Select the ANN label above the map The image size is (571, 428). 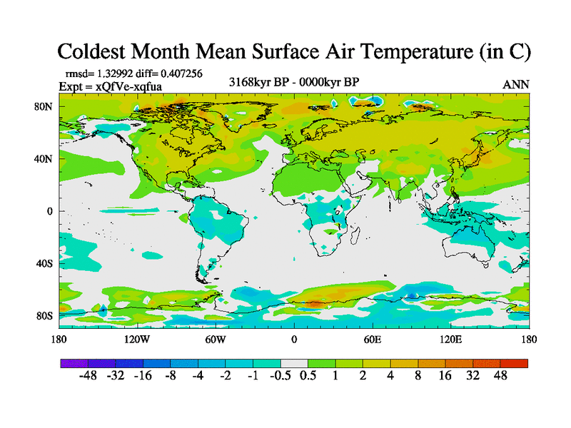pyautogui.click(x=516, y=84)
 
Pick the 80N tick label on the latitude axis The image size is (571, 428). pyautogui.click(x=44, y=107)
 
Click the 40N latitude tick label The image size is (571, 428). pyautogui.click(x=44, y=159)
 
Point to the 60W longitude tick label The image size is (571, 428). pyautogui.click(x=216, y=339)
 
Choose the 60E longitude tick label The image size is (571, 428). pyautogui.click(x=373, y=339)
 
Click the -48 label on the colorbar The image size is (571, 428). pyautogui.click(x=88, y=376)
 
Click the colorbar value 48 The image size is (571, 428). pyautogui.click(x=499, y=376)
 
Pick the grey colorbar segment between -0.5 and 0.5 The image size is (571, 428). pyautogui.click(x=293, y=363)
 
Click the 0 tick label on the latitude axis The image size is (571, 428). pyautogui.click(x=49, y=211)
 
